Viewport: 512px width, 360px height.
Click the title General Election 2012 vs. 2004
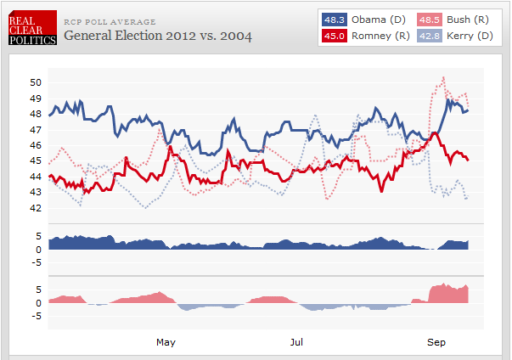(158, 37)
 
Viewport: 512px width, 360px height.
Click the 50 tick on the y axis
(35, 82)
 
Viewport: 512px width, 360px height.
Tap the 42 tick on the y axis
(35, 208)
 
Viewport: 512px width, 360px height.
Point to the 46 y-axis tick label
(35, 145)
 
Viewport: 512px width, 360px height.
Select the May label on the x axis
(166, 341)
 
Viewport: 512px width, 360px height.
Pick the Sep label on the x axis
(436, 341)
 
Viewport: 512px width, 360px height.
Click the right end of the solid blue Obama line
(468, 110)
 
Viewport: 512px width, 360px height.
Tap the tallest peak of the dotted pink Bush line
(443, 78)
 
